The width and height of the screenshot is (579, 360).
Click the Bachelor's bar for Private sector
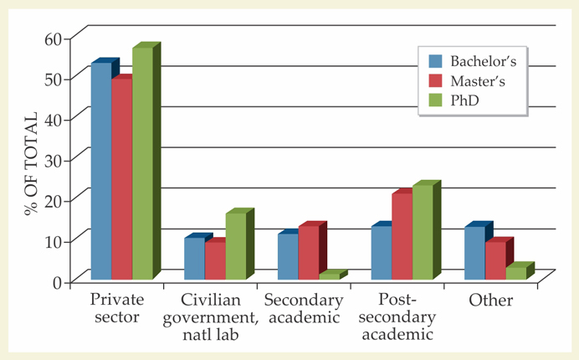coord(100,172)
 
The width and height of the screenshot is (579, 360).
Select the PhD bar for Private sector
coord(142,163)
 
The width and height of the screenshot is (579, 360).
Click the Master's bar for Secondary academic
coord(308,252)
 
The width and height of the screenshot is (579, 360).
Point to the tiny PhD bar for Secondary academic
coord(329,275)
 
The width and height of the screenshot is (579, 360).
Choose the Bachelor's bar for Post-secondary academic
coord(381,252)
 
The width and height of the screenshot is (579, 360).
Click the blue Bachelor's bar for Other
coord(474,253)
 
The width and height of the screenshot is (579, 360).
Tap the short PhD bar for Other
coord(516,273)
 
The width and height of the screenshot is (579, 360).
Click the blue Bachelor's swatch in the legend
coord(435,61)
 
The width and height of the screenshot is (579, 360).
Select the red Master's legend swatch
coord(435,81)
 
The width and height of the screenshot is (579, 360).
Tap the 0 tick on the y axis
coord(59,281)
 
